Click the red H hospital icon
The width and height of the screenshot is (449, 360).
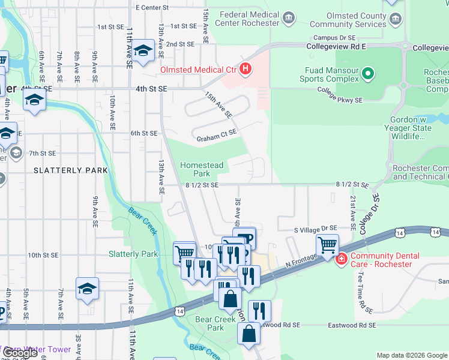[245, 70]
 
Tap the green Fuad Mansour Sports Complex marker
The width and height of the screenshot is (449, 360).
[369, 74]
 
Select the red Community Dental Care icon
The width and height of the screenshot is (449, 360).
[341, 259]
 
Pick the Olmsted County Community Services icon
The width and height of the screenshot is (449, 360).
[395, 19]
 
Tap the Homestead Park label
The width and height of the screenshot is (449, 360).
[202, 169]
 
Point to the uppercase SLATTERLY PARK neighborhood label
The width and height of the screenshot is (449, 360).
[71, 170]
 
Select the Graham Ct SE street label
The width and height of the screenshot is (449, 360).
[217, 139]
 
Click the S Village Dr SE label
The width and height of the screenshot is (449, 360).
[315, 229]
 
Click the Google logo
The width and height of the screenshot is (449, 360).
[20, 353]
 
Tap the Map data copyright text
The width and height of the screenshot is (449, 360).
[412, 355]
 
